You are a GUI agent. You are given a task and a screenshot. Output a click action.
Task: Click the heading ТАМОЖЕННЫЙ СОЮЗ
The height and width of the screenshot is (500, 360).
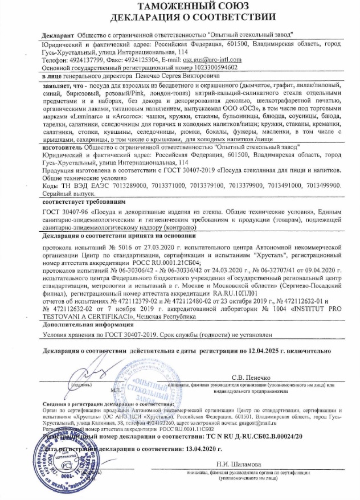pos(179,7)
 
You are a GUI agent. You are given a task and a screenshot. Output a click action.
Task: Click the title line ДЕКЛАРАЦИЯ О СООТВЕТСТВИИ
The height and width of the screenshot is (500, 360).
pos(179,18)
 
